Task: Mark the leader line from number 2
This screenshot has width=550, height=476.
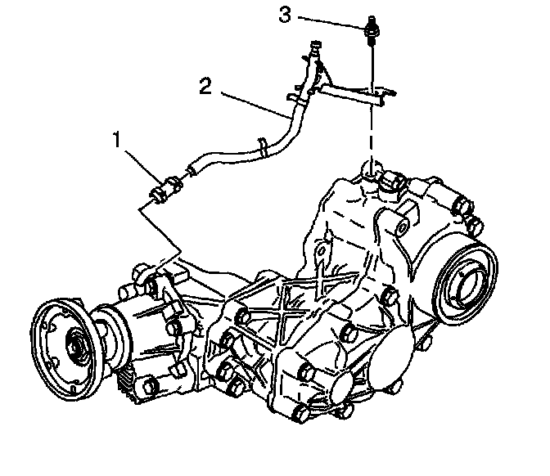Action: click(255, 106)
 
